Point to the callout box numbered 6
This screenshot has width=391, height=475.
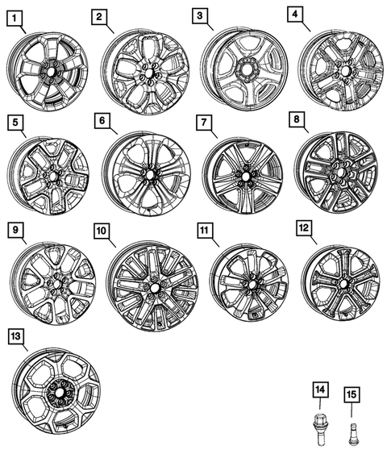[x=102, y=121]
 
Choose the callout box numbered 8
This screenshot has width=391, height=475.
[x=297, y=121]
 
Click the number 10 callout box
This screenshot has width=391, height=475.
[x=101, y=231]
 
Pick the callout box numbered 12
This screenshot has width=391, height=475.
[x=304, y=231]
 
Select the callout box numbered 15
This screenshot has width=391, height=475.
[x=351, y=394]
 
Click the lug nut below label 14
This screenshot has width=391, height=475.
[x=320, y=424]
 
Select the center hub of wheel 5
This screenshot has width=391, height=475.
[x=52, y=175]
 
